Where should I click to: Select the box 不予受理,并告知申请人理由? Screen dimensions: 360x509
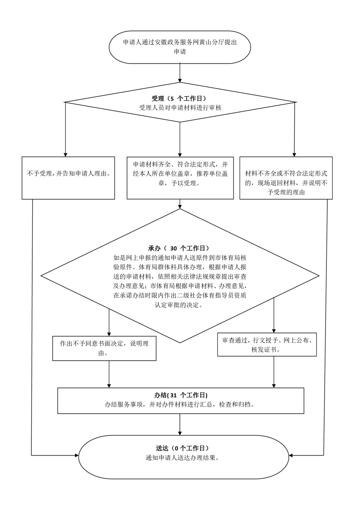point(68,178)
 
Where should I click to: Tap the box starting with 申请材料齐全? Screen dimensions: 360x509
point(180,178)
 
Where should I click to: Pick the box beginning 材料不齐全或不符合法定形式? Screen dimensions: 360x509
point(286,178)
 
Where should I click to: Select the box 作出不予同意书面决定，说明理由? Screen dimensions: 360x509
point(104,348)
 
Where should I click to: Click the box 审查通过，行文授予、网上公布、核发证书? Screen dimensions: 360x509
point(267,344)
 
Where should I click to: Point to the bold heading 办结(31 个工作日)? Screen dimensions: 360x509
point(181,395)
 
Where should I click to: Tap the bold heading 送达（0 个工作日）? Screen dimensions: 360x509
point(182,448)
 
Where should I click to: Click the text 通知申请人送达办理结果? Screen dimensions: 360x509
point(182,458)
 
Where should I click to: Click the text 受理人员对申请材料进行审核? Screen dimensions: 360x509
point(180,108)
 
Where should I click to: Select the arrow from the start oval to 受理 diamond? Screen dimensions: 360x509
point(180,73)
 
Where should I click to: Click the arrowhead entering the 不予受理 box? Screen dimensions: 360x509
point(66,155)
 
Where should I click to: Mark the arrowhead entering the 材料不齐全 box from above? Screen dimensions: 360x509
point(294,155)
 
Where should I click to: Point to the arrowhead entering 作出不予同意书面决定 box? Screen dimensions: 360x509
point(109,334)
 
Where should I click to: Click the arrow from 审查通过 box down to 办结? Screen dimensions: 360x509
point(274,372)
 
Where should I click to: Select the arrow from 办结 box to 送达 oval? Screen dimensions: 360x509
point(180,424)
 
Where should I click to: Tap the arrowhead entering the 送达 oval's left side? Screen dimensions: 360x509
point(77,455)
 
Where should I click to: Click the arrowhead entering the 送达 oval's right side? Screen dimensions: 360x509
point(291,455)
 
